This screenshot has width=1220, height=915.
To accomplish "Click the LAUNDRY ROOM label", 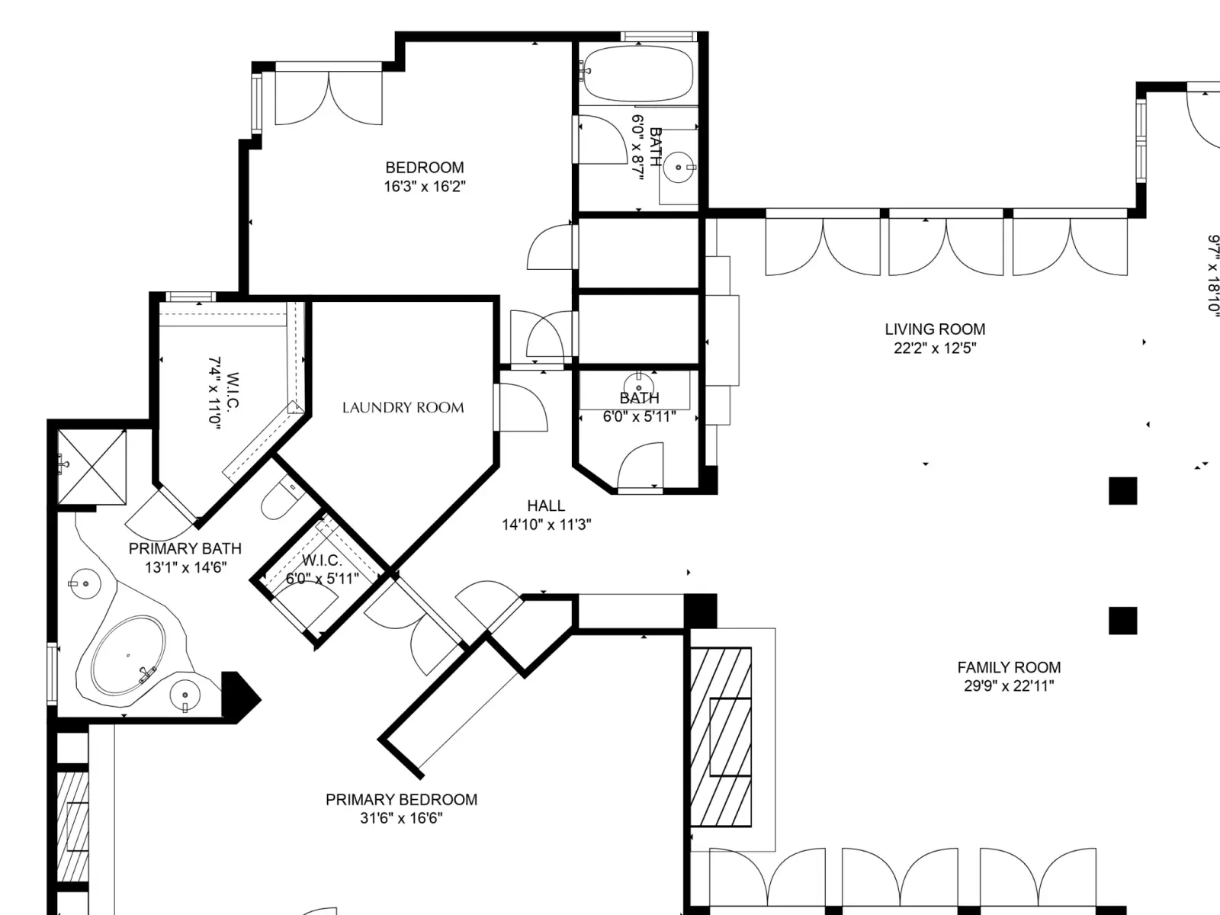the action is click(403, 408).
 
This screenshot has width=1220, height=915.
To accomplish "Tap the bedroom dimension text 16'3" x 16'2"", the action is click(425, 186).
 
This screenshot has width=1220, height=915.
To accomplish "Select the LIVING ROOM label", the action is click(935, 329).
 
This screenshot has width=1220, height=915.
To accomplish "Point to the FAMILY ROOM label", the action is click(1009, 667).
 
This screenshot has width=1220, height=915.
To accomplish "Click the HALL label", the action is click(546, 506).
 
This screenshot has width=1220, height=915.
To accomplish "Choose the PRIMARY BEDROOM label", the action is click(401, 799).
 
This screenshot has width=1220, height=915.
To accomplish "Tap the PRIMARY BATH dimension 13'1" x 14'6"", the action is click(185, 567).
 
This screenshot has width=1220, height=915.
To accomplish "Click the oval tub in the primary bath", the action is click(128, 656).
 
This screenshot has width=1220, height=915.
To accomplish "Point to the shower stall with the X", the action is click(91, 467).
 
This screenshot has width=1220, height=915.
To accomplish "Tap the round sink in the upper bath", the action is click(679, 167).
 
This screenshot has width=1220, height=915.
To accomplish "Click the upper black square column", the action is click(1122, 491).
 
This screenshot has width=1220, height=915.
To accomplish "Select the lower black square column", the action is click(1122, 621).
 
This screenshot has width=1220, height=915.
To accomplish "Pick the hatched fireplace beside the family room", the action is click(721, 737).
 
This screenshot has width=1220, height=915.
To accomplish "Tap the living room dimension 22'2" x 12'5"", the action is click(935, 348).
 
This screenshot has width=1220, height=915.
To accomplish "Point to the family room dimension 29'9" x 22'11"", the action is click(1009, 686).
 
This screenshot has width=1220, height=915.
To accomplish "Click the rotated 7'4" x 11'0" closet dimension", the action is click(215, 390).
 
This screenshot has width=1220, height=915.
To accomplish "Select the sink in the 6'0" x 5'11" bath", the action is click(639, 386).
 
